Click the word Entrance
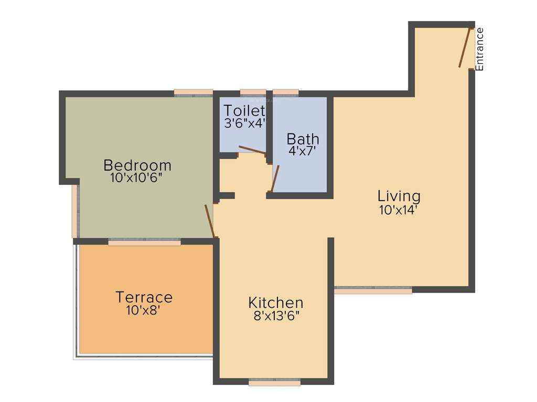(479, 49)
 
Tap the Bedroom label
(137, 165)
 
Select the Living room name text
(399, 196)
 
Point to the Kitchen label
(276, 303)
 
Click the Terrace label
(144, 297)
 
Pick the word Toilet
(244, 111)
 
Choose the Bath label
(303, 139)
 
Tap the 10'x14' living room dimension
(399, 210)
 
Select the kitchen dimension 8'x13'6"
(276, 316)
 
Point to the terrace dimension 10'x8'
(143, 310)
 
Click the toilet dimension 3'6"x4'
(245, 124)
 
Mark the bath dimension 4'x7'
(303, 152)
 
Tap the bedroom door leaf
(210, 221)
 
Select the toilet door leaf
(252, 150)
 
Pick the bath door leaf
(275, 178)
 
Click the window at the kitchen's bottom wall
(275, 382)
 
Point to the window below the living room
(373, 289)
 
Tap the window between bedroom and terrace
(145, 242)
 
